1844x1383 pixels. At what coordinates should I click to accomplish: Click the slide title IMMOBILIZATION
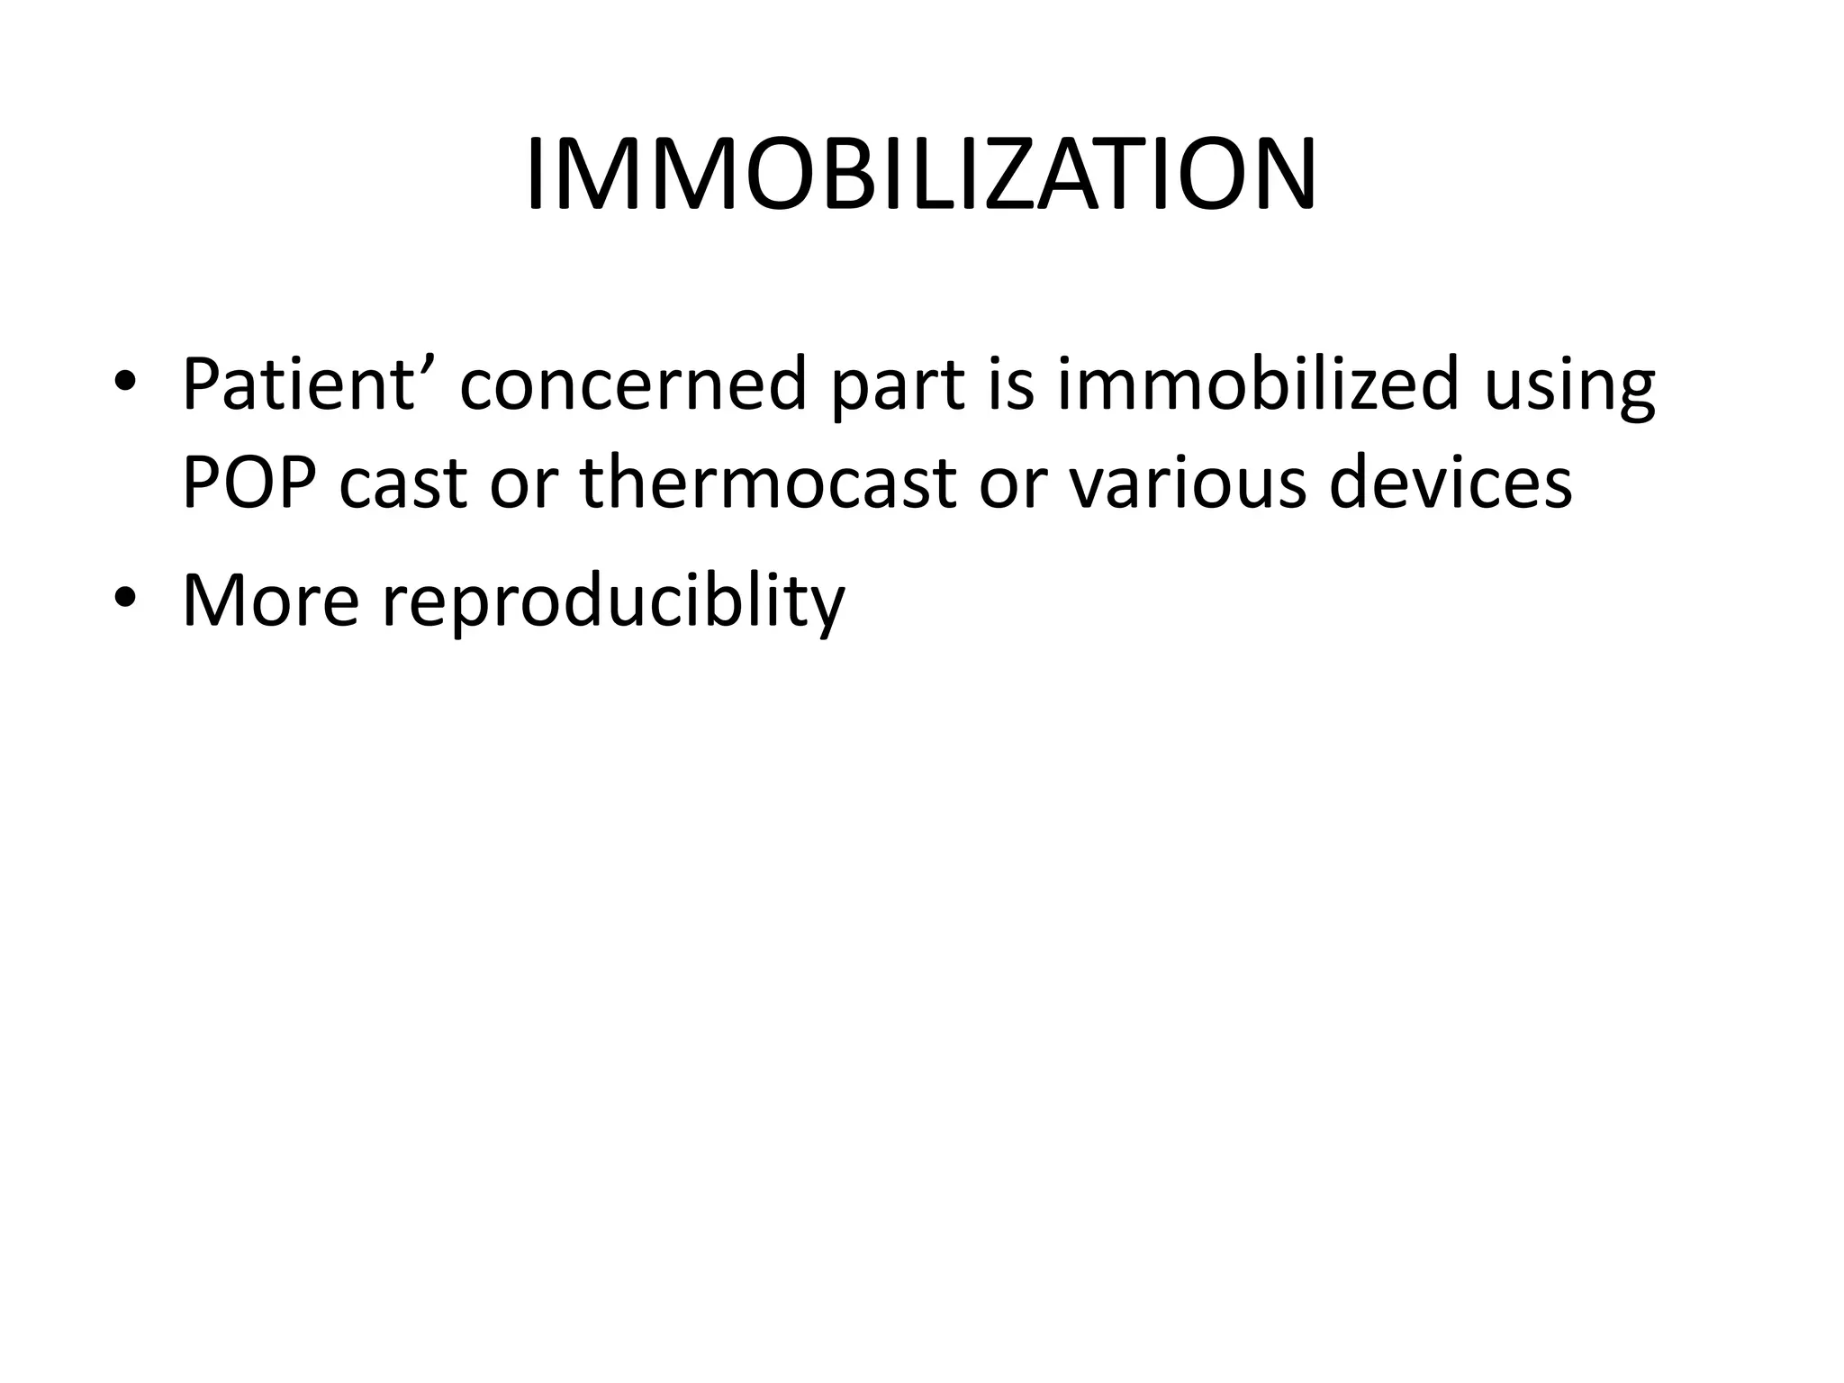(x=921, y=175)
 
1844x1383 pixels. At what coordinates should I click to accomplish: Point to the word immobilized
(x=1257, y=384)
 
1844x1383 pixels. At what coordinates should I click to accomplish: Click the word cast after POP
(x=404, y=484)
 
